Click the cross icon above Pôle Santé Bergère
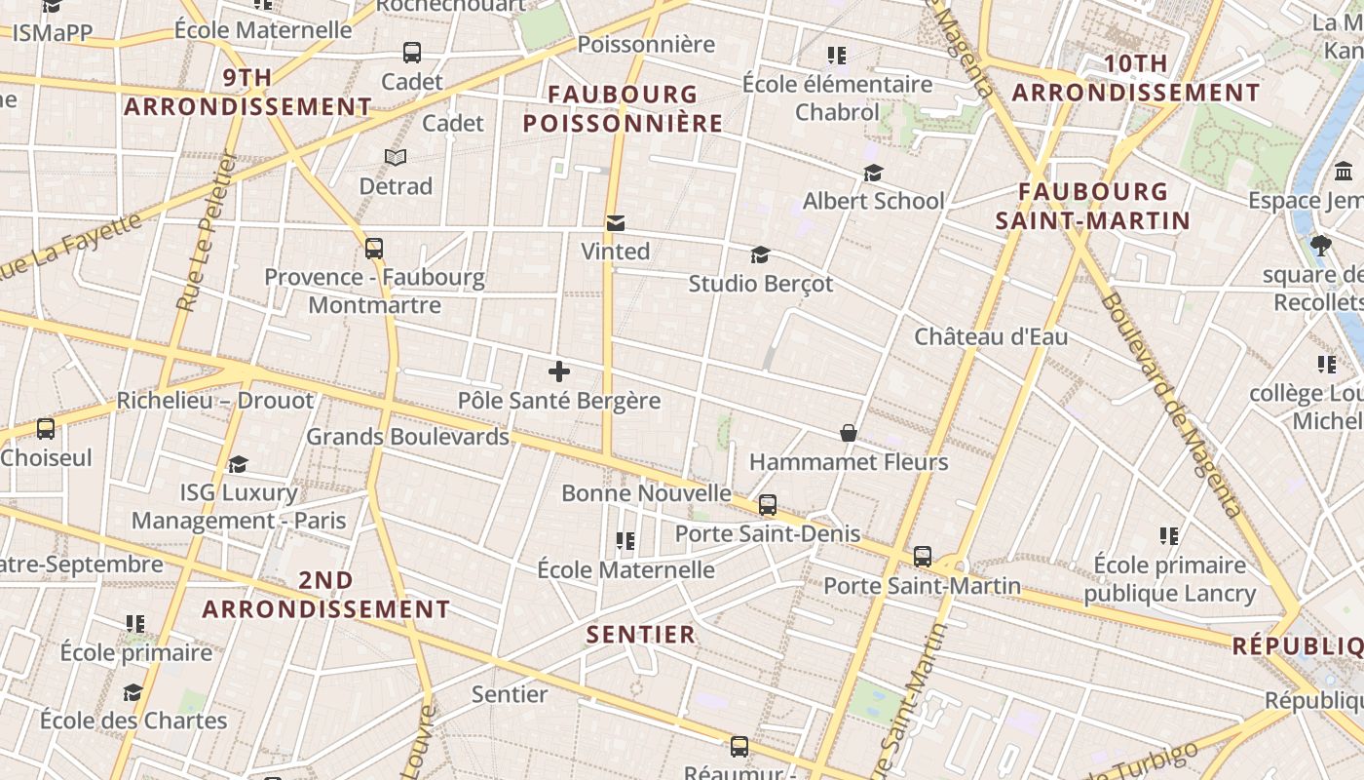[x=559, y=371]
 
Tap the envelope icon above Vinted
[x=616, y=223]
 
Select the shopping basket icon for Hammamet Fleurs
[x=849, y=433]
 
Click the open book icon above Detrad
[x=395, y=157]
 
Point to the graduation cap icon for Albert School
[x=873, y=173]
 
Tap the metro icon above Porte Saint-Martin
[x=922, y=557]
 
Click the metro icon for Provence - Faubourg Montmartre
[x=374, y=249]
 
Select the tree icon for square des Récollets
[x=1321, y=245]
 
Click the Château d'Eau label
[x=991, y=337]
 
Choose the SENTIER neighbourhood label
[x=641, y=635]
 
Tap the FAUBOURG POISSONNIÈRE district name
[x=624, y=109]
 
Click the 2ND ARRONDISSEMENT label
[x=326, y=595]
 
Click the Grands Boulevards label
[x=408, y=437]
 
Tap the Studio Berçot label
[x=761, y=284]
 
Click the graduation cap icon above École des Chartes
[x=133, y=692]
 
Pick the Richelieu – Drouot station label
[x=215, y=401]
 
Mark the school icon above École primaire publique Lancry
[x=1169, y=535]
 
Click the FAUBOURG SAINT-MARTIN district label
[x=1093, y=206]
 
